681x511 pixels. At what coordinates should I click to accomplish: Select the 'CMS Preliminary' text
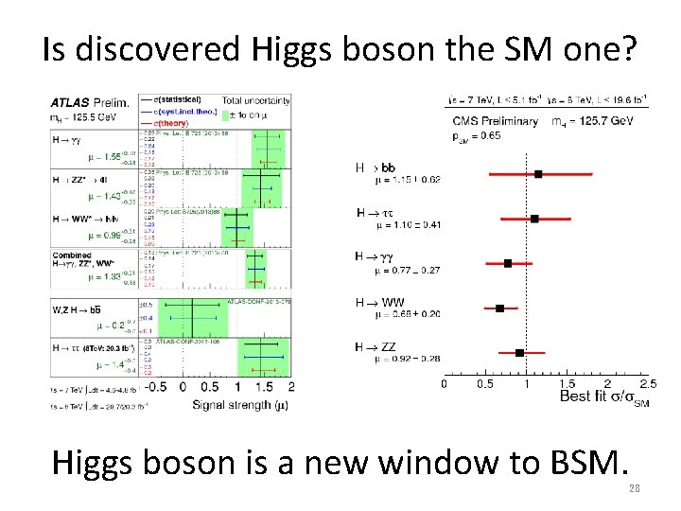[x=492, y=121]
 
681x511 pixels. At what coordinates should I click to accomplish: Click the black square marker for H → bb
[x=538, y=174]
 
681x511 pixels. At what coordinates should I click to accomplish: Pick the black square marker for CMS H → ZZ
[x=519, y=352]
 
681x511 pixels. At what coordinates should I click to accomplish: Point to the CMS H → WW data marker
[x=500, y=308]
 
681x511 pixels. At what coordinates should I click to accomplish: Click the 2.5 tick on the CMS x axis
[x=648, y=383]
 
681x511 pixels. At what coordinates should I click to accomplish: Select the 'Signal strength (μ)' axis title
[x=240, y=403]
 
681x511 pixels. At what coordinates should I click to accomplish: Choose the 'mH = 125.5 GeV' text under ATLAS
[x=85, y=116]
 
